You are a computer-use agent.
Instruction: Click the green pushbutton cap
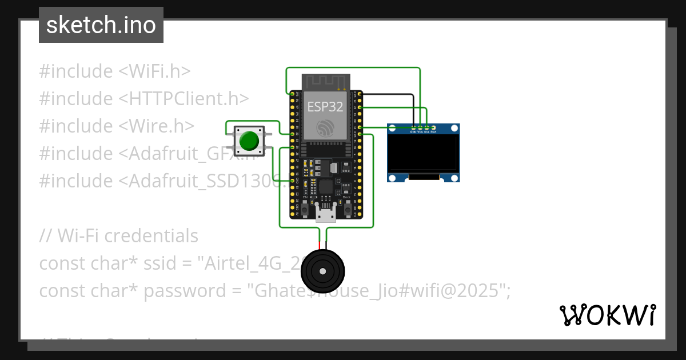point(249,141)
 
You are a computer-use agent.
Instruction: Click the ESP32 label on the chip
point(325,106)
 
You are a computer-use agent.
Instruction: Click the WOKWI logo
point(607,315)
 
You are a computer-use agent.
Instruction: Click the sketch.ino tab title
point(101,25)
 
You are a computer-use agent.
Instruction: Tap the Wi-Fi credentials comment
point(119,236)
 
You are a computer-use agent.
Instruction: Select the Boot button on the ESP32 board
point(346,210)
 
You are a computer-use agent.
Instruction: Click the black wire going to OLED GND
point(413,109)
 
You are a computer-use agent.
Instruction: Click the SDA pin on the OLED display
point(433,127)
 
